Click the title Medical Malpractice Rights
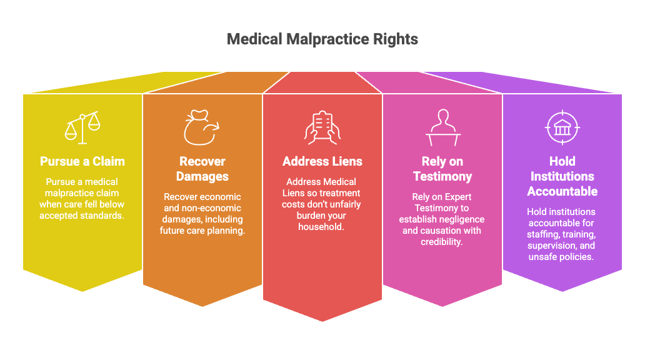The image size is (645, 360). click(x=322, y=39)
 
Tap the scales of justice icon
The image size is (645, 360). click(x=82, y=127)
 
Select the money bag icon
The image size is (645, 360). click(x=201, y=127)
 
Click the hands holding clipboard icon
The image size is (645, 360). click(x=322, y=127)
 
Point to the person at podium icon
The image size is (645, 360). click(x=443, y=127)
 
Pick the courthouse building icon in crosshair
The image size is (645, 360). click(x=562, y=127)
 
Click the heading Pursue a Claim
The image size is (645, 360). click(x=82, y=161)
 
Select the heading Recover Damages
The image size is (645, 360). click(x=202, y=169)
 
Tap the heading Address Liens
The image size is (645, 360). click(x=322, y=161)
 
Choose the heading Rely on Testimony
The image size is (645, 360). click(x=442, y=169)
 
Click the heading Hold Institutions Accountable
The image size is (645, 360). click(x=562, y=176)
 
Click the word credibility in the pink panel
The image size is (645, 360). click(x=441, y=242)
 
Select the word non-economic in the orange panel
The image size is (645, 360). click(x=214, y=208)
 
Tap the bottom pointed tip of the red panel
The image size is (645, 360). click(x=322, y=321)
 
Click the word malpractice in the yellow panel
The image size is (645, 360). click(x=82, y=193)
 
